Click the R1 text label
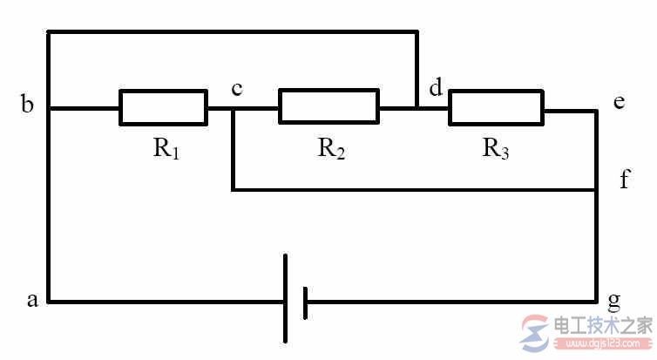[x=166, y=148]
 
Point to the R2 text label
[x=331, y=148]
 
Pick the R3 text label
[x=496, y=148]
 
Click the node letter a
[x=32, y=300]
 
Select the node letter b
[x=27, y=103]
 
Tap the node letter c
[x=237, y=88]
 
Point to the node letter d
[x=436, y=87]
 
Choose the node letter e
[x=620, y=101]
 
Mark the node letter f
[x=625, y=179]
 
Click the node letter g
[x=613, y=302]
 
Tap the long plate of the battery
[x=285, y=298]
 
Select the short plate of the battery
[x=305, y=302]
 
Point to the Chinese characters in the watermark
[x=603, y=325]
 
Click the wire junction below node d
[x=417, y=108]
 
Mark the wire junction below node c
[x=234, y=109]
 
